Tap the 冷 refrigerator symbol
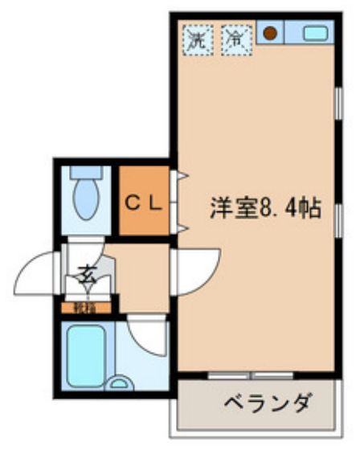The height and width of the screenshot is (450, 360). point(235,38)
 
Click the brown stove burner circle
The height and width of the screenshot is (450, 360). point(272,34)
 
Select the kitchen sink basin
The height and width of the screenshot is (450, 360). point(314,34)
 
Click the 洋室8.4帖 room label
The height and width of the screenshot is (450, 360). point(265,209)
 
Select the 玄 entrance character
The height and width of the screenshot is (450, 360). point(85,276)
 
